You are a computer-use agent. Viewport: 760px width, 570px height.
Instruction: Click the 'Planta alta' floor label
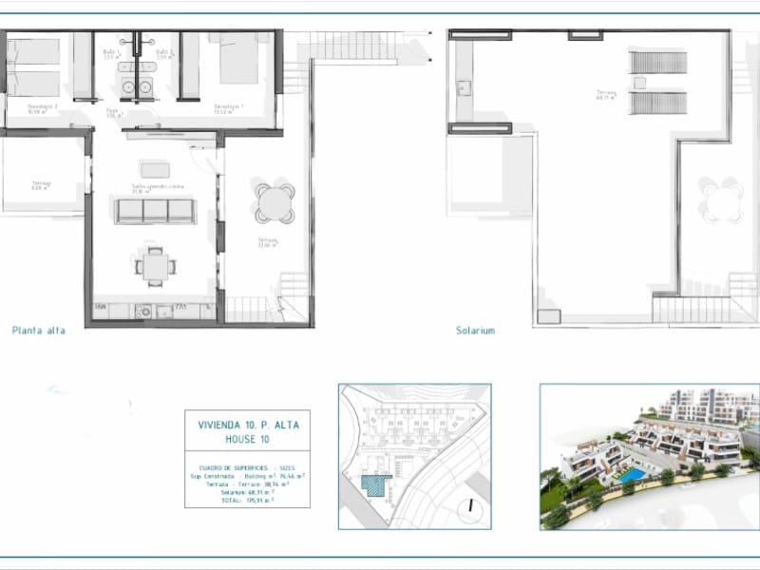pos(38,331)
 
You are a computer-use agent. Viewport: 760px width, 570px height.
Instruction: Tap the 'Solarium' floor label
pos(475,331)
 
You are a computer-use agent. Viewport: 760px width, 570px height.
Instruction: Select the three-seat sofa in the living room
pos(155,211)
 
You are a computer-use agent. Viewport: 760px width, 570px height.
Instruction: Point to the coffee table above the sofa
pos(155,170)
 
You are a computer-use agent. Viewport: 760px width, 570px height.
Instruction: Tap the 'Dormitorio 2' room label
pos(44,106)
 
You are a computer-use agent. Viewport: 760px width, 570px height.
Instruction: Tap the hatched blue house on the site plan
pos(377,484)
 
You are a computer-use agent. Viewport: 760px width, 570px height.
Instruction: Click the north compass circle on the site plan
pos(469,506)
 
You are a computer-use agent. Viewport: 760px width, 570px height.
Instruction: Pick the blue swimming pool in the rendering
pos(631,473)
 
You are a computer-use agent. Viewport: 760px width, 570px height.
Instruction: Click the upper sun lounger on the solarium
pos(657,63)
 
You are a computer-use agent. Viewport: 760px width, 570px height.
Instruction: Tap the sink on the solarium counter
pos(465,88)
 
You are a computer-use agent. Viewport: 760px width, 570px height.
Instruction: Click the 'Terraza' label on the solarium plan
pos(606,93)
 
